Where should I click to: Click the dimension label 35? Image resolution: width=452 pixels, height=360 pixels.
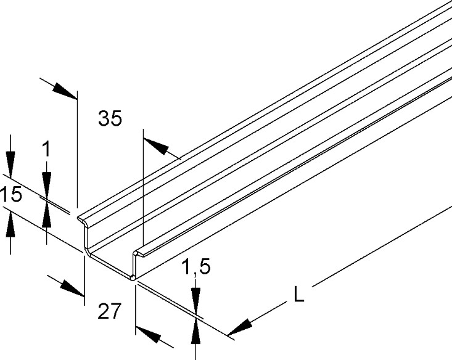110,118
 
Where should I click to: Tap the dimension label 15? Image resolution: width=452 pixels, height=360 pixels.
12,194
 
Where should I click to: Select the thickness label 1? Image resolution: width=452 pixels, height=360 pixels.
46,149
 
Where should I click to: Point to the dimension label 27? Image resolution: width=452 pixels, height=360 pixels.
109,311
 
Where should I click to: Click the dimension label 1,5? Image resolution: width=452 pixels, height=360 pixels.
196,267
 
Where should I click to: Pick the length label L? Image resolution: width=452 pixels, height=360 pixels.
298,294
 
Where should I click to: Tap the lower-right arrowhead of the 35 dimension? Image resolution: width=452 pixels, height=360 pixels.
155,146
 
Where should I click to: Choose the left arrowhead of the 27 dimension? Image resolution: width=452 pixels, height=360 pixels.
72,288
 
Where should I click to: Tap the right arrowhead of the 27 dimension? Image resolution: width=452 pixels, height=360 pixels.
148,334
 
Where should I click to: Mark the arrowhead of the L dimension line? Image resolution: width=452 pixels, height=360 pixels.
240,327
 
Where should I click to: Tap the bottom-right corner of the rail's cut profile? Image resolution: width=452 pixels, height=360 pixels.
133,278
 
